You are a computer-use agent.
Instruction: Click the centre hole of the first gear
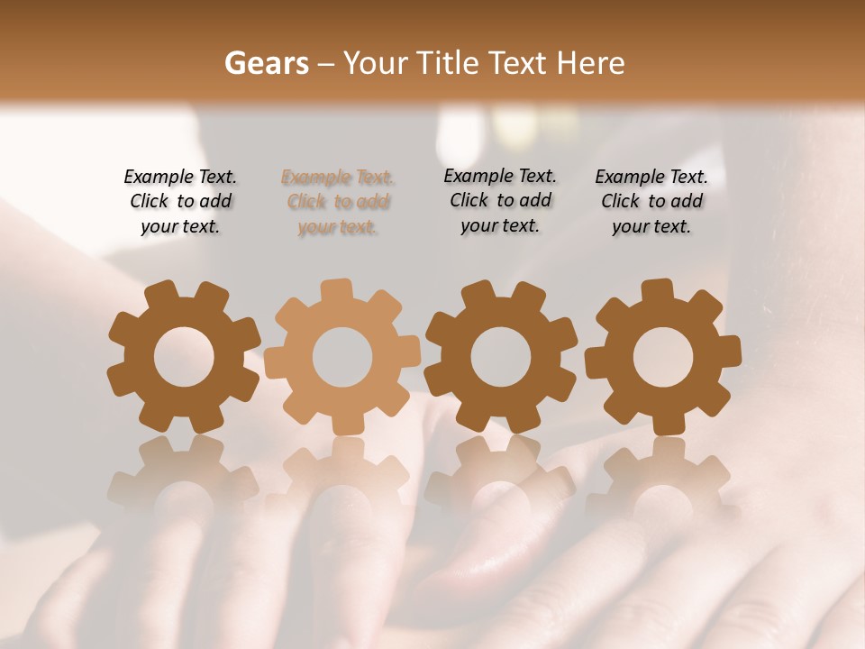pos(184,357)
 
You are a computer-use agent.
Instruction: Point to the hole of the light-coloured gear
pos(342,357)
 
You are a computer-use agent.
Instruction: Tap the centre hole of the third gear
pos(501,357)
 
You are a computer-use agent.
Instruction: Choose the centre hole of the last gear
pos(662,357)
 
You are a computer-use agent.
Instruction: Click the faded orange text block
pos(338,203)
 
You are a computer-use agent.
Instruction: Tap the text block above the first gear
pos(180,202)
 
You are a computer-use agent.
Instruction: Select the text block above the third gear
pos(500,201)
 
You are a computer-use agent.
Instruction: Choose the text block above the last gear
pos(651,202)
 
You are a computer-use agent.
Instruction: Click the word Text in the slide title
pos(517,63)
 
